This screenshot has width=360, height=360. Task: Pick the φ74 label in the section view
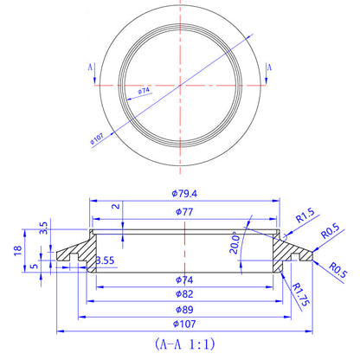[183, 280]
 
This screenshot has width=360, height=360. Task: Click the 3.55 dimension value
[105, 260]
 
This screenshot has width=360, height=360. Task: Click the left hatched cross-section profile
[76, 250]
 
